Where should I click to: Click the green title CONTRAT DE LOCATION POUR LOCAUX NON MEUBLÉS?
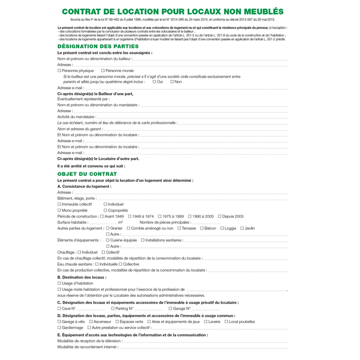(x=173, y=12)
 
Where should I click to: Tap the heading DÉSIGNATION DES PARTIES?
(x=91, y=46)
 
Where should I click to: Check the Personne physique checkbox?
(x=59, y=71)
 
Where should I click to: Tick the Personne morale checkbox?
(x=103, y=71)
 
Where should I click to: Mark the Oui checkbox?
(x=154, y=82)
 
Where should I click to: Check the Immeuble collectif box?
(x=59, y=204)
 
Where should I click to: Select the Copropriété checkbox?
(x=106, y=210)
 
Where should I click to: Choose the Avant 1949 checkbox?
(x=102, y=216)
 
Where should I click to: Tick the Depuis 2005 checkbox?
(x=219, y=216)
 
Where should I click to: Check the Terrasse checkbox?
(x=179, y=228)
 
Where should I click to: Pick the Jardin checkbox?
(x=242, y=228)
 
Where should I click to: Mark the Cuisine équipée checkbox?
(x=108, y=240)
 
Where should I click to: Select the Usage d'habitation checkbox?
(x=59, y=283)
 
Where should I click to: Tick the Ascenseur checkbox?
(x=91, y=322)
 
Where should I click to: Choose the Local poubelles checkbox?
(x=226, y=322)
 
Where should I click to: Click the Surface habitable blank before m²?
(x=103, y=223)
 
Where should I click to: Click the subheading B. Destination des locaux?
(x=82, y=277)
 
